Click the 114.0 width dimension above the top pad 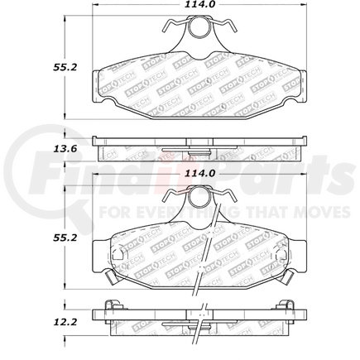coord(198,7)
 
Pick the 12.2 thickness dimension coord(31,319)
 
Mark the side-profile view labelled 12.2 coord(198,319)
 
